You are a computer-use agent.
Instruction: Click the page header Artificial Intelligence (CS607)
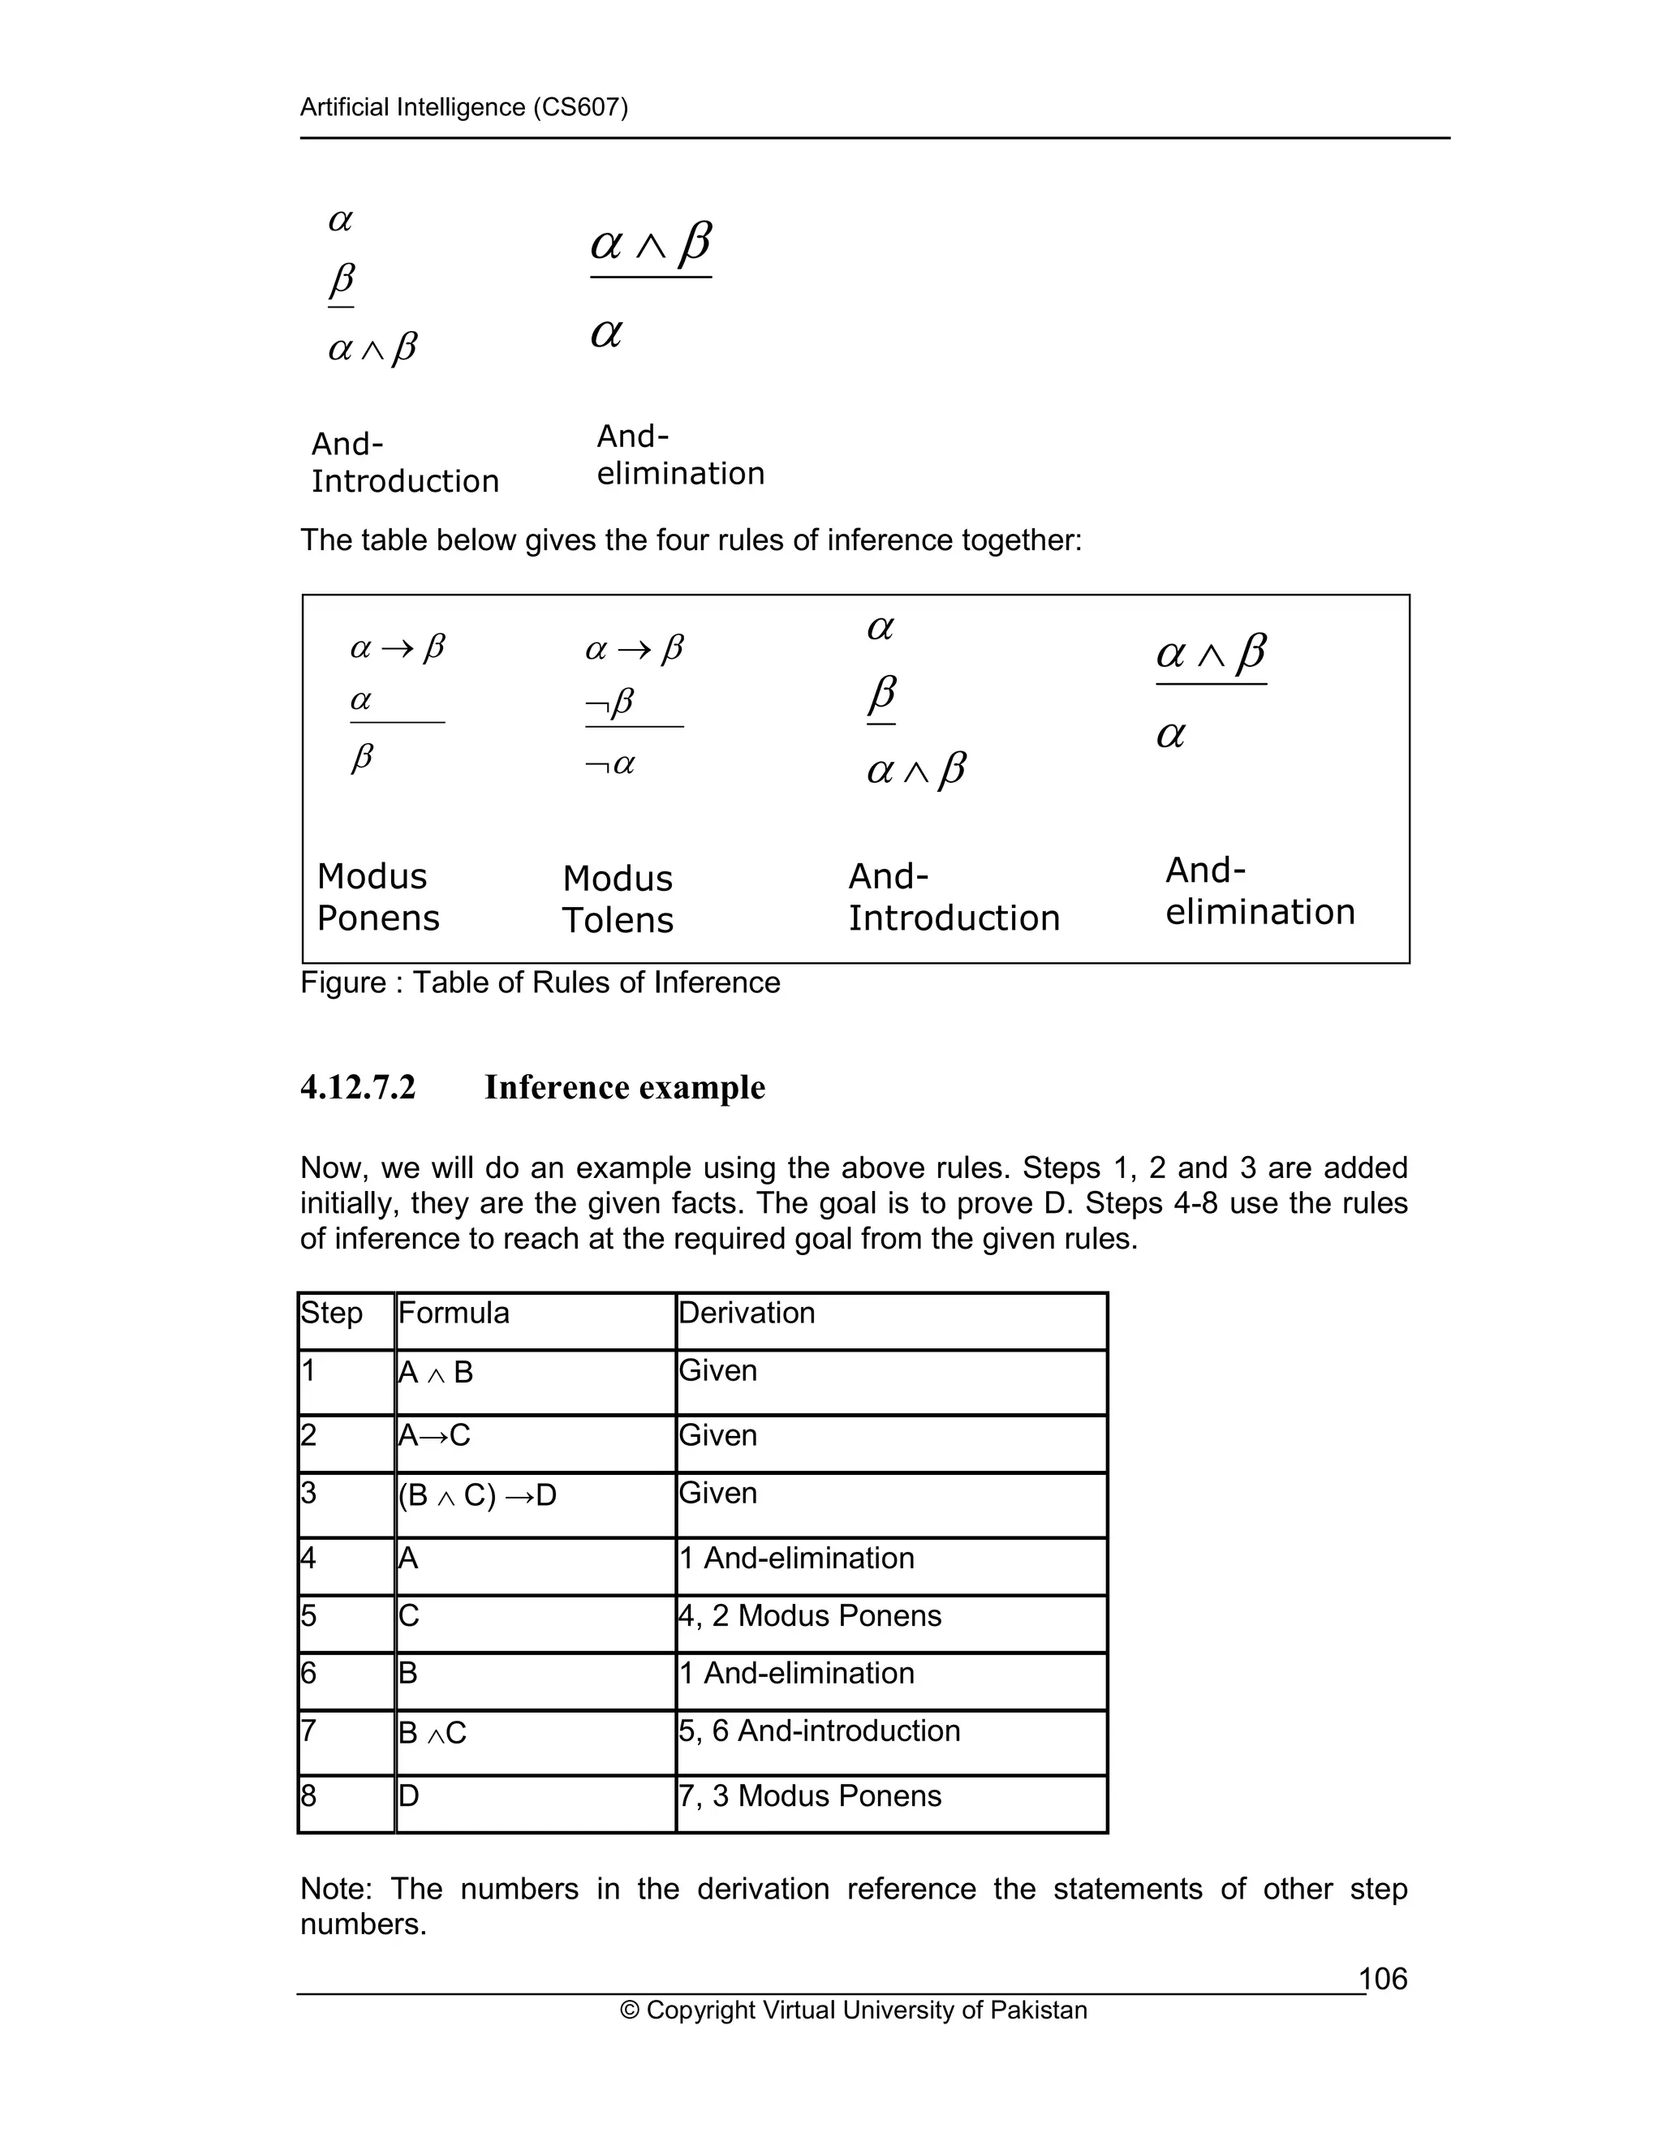(463, 107)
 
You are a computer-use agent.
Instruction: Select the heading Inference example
(624, 1088)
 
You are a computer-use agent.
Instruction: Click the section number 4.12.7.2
(359, 1088)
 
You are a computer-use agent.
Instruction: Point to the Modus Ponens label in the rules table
(377, 897)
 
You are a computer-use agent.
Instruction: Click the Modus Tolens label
(618, 899)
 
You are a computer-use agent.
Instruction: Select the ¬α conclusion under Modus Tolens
(609, 764)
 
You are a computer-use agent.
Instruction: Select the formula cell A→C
(434, 1435)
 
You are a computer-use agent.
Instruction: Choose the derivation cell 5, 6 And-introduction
(819, 1731)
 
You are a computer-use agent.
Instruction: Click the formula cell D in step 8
(409, 1795)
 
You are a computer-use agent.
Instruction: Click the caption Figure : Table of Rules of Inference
(540, 983)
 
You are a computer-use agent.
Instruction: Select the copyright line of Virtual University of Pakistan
(854, 2010)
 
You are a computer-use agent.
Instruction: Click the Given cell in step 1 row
(717, 1370)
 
